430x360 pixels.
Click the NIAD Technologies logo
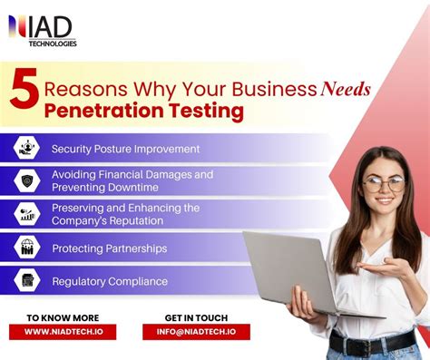coord(43,30)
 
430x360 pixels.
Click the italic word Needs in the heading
coord(345,89)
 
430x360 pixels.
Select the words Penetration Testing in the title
coord(143,112)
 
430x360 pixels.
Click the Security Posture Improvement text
coord(125,149)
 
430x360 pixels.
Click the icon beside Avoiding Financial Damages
coord(26,180)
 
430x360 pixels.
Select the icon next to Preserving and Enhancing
coord(26,214)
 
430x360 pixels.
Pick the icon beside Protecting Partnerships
coord(26,247)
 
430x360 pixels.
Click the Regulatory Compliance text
coord(109,281)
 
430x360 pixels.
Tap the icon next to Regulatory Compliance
coord(26,280)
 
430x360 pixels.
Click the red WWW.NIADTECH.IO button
coord(63,332)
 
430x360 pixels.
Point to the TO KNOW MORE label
coord(62,317)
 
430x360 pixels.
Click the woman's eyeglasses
coord(385,184)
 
